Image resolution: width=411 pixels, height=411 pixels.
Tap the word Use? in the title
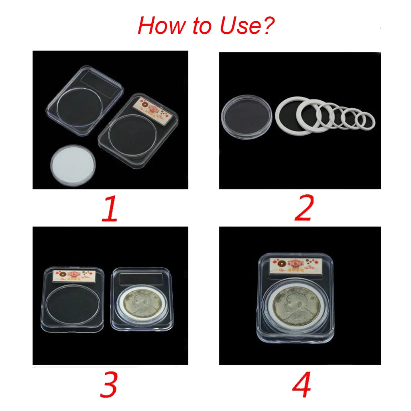point(246,26)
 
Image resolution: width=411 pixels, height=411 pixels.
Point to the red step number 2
point(304,209)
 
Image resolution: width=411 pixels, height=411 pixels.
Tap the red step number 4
point(301,385)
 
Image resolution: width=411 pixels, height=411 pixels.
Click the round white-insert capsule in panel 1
point(73,165)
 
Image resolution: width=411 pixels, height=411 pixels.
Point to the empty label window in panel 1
point(102,85)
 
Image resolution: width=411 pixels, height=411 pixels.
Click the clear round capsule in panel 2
point(246,116)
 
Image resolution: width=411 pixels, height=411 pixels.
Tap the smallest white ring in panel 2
point(366,120)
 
